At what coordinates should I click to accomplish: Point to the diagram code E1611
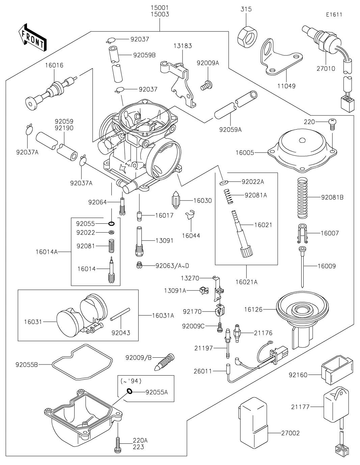334,15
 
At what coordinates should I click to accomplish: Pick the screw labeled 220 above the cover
332,123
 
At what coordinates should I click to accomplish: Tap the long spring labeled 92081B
302,197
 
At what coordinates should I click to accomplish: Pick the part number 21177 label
300,407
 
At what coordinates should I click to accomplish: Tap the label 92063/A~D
172,266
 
